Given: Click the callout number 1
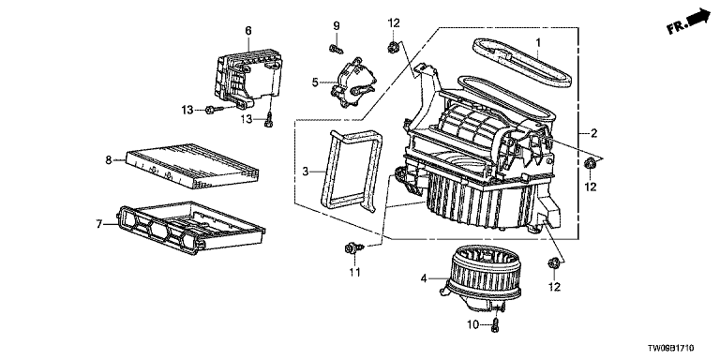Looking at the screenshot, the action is coord(538,44).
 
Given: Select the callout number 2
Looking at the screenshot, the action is coord(593,134).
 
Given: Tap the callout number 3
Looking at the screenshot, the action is coord(307,172).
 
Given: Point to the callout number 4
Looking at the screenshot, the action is coord(425,278).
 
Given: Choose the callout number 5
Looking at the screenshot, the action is coord(315,82).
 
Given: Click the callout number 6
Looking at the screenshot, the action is coord(248,30).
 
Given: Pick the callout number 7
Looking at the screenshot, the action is coord(98,224).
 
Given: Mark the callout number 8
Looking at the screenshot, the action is coord(109,160).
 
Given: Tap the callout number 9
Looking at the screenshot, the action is coord(337,25).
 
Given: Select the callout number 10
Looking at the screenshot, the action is coord(473,325).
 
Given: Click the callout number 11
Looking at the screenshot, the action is coord(354,272).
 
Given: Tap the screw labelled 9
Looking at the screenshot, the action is coord(337,48).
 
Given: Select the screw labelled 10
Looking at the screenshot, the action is coord(495,324).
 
